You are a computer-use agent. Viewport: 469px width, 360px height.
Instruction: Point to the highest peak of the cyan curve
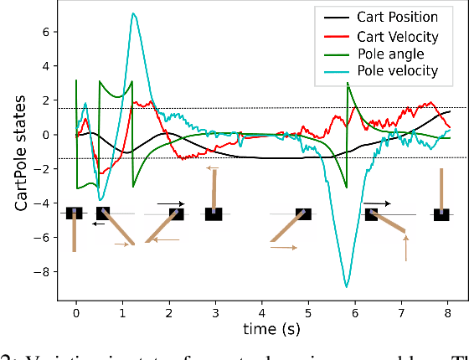click(x=133, y=14)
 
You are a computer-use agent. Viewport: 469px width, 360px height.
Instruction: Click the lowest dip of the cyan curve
click(x=346, y=286)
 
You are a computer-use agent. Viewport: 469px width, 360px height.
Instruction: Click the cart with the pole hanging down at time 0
click(x=75, y=213)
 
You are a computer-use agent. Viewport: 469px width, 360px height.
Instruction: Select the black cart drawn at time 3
click(x=214, y=214)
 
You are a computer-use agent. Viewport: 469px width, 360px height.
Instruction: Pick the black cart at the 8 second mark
click(x=441, y=214)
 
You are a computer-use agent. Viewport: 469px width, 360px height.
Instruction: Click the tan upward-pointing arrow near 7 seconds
click(x=406, y=248)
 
